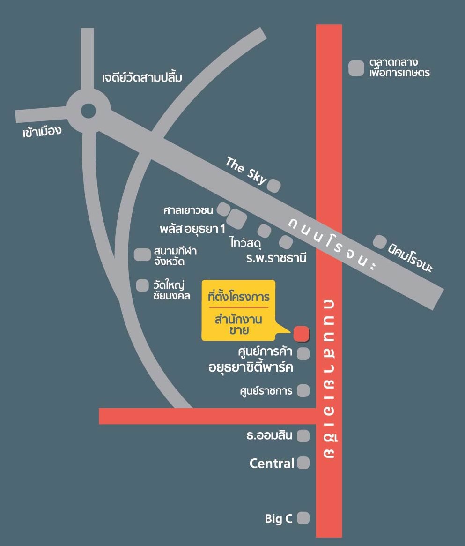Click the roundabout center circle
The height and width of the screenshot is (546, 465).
coord(88,111)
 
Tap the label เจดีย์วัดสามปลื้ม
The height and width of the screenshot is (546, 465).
coord(142,77)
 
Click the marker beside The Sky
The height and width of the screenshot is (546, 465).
coord(273,186)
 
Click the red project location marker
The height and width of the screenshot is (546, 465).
coord(301,333)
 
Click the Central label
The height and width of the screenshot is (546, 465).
coord(272,464)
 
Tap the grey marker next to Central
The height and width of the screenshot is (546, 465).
coord(303,463)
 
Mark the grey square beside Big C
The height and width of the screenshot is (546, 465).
coord(303,518)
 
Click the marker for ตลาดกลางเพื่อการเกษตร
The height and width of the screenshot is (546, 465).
coord(356,68)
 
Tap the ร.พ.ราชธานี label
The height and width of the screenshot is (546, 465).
coord(276,258)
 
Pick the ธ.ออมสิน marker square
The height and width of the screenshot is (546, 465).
coord(303,436)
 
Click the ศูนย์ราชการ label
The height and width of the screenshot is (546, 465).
coord(266,391)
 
